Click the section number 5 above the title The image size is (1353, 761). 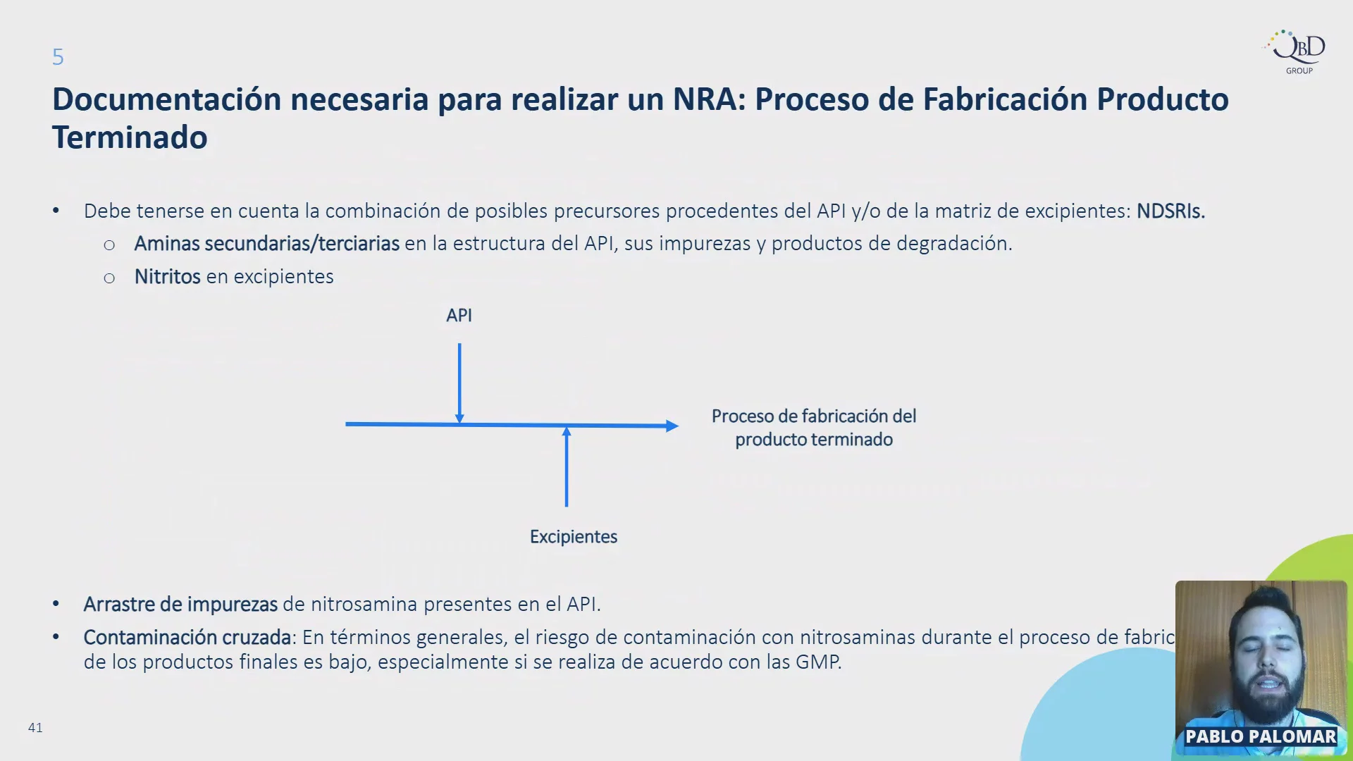point(58,57)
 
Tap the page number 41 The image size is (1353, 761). point(35,727)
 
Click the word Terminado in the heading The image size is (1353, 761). point(130,137)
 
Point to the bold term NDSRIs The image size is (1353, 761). point(1170,211)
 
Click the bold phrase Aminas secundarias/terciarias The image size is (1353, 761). point(267,243)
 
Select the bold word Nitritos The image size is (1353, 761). point(168,276)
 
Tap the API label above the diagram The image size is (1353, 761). point(459,315)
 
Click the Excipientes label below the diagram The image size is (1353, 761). point(574,537)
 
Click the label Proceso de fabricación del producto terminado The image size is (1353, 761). point(814,428)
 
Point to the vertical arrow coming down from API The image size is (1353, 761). point(459,383)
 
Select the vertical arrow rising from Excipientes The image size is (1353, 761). point(567,466)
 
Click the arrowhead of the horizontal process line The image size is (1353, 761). point(672,426)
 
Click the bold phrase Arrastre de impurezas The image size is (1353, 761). point(180,605)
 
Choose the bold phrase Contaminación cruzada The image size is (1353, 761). point(187,637)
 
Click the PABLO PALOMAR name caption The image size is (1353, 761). point(1261,736)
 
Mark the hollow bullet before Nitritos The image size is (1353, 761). point(109,278)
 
